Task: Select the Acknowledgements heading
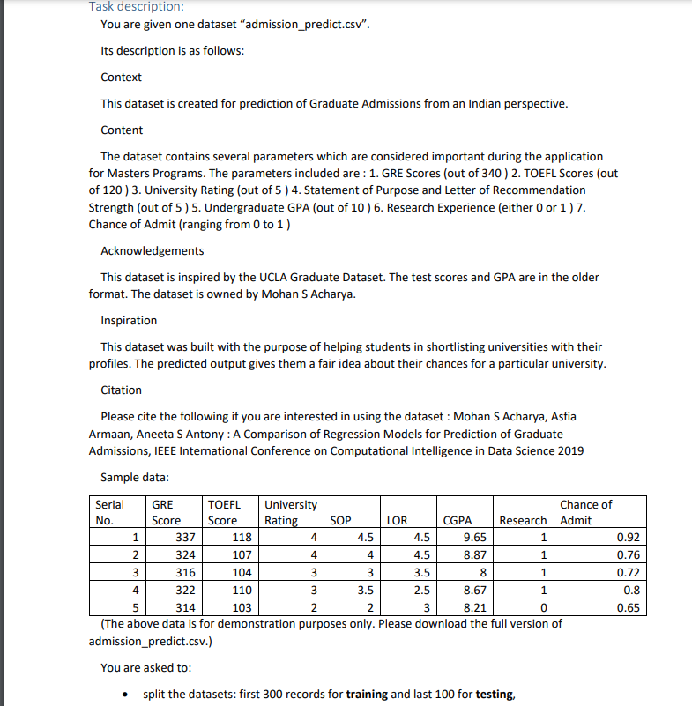click(152, 251)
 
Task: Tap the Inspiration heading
click(129, 321)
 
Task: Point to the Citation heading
click(121, 390)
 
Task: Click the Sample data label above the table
click(134, 478)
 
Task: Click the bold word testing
click(493, 695)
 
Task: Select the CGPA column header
click(458, 521)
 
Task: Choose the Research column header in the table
click(523, 521)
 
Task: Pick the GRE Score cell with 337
click(186, 538)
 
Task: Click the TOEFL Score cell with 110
click(241, 591)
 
